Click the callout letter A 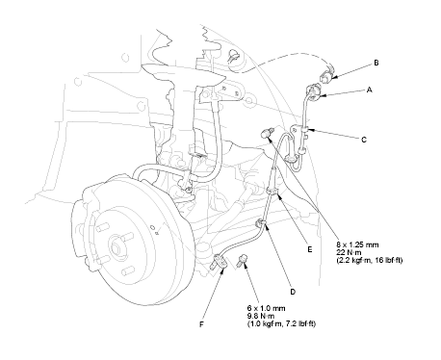[369, 90]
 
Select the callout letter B [376, 63]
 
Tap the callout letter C [364, 140]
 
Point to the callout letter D [293, 292]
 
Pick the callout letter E [309, 249]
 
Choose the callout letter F [201, 324]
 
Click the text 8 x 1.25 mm [357, 244]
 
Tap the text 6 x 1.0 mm [266, 309]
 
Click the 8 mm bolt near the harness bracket [267, 132]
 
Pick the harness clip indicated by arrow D [259, 223]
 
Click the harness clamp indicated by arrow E [272, 191]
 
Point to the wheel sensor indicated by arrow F [220, 261]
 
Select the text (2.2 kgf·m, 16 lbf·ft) [370, 260]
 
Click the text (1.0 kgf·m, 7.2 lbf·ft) [281, 324]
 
